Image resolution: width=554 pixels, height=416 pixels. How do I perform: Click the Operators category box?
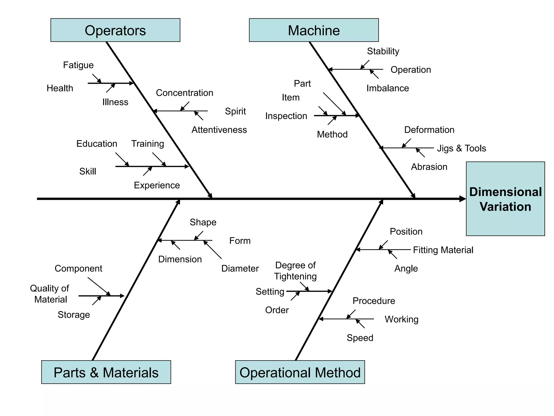(x=115, y=30)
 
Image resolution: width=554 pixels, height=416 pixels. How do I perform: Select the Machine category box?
(x=314, y=30)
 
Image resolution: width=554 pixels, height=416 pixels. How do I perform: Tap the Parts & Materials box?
(x=106, y=372)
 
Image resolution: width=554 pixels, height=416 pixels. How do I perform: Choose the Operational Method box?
(x=300, y=372)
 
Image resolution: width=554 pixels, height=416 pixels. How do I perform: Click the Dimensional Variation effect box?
(x=505, y=199)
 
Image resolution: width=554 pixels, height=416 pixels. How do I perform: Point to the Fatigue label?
(x=78, y=65)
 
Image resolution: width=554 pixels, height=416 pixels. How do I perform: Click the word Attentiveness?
(x=219, y=130)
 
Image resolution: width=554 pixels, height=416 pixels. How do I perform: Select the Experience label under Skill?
(x=157, y=185)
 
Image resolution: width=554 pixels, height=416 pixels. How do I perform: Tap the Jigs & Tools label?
(x=461, y=148)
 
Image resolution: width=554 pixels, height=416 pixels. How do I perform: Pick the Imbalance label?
(x=387, y=88)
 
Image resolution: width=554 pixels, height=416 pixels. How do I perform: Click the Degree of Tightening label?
(x=295, y=271)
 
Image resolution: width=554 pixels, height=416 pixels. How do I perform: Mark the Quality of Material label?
(x=50, y=294)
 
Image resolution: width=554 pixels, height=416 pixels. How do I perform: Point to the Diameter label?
(x=240, y=268)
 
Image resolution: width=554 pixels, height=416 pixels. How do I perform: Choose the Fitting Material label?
(x=443, y=250)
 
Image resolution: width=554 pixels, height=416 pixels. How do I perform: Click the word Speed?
(x=360, y=338)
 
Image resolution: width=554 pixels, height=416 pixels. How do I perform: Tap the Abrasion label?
(x=429, y=167)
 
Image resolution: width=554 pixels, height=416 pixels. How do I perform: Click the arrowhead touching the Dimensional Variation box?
(x=463, y=199)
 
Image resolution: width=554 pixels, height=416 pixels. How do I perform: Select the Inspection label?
(x=286, y=116)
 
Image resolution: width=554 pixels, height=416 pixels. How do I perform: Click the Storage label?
(x=74, y=315)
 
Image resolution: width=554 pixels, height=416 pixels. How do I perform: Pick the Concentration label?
(x=184, y=93)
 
